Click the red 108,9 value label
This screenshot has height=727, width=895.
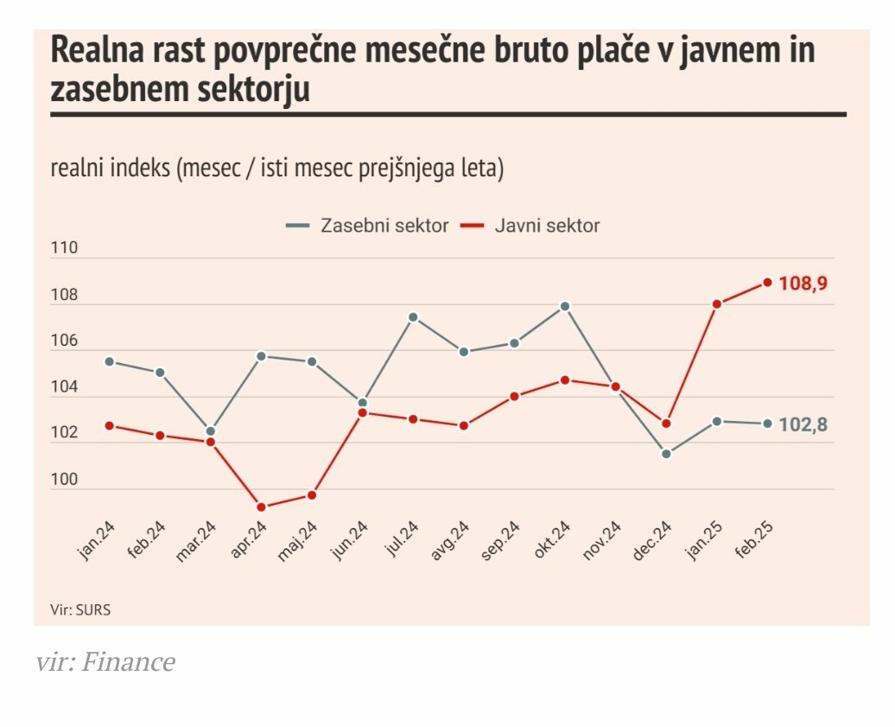(x=803, y=283)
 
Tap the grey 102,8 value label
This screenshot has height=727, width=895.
(x=803, y=424)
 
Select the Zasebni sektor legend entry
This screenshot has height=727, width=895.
(x=368, y=226)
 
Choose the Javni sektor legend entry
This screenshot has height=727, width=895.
(x=530, y=226)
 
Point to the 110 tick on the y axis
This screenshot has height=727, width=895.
(x=64, y=248)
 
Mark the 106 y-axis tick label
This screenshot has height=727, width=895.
(x=64, y=341)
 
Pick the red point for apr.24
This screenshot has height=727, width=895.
(x=261, y=507)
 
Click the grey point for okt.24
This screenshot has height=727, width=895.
(x=565, y=306)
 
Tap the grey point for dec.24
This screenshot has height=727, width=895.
(x=666, y=454)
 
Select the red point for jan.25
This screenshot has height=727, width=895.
(x=717, y=304)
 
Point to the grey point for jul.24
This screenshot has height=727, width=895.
(x=413, y=317)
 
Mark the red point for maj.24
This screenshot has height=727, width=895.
(x=312, y=495)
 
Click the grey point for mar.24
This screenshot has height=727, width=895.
(x=211, y=431)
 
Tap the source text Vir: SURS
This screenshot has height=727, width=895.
(x=80, y=609)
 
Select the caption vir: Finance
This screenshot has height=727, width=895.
(x=105, y=663)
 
